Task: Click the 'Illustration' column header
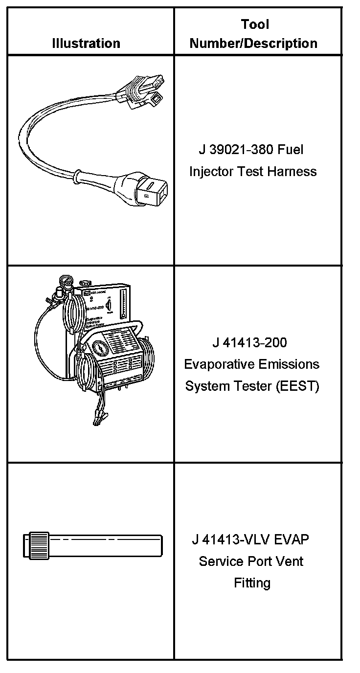86,43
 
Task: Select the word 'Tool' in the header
255,24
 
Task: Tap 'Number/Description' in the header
253,43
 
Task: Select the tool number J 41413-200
249,342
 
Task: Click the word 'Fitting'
252,583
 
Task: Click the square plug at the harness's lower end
152,188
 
